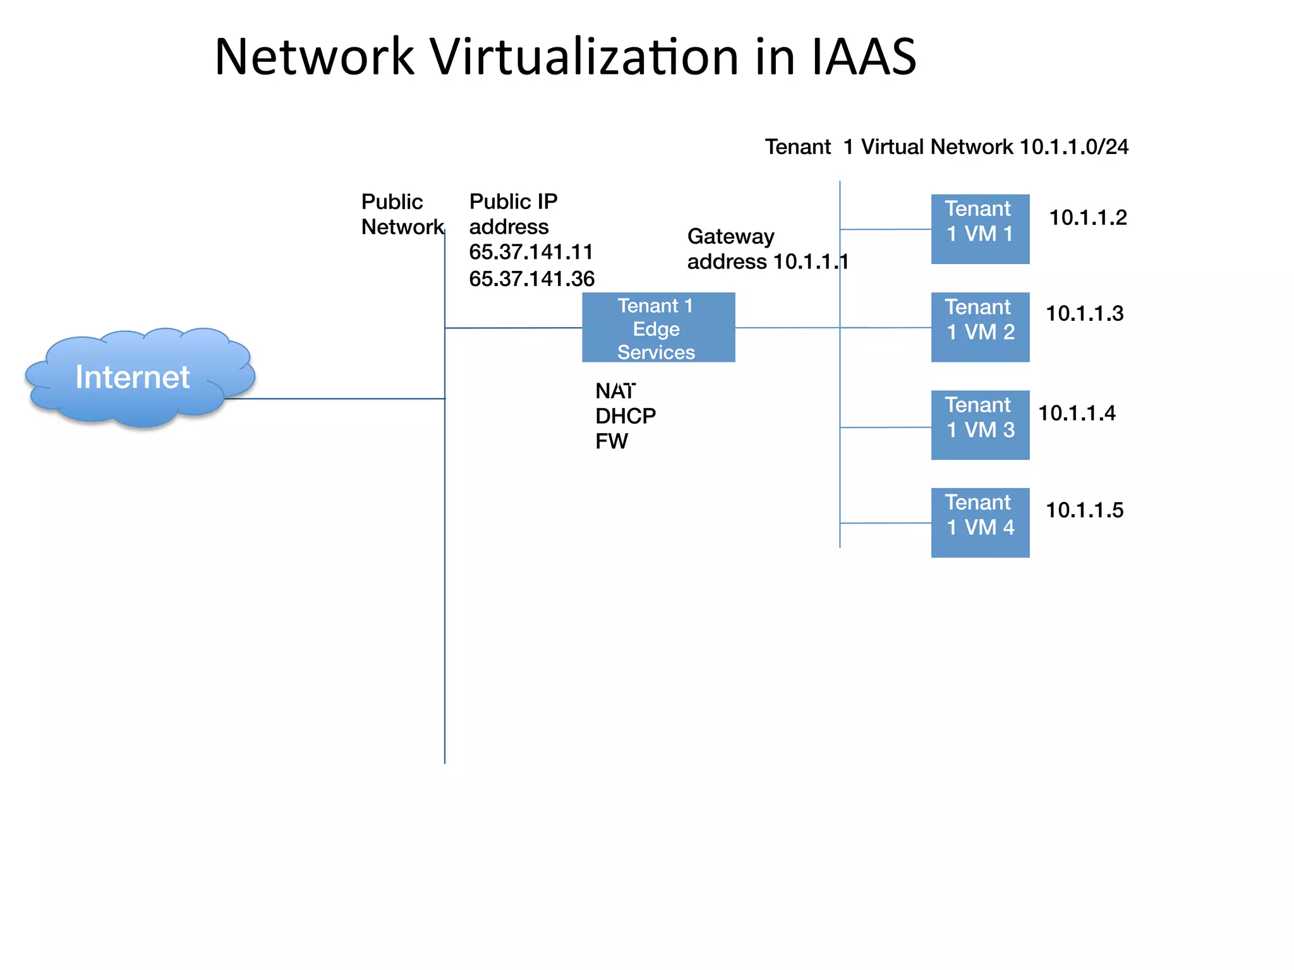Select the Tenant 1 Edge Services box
(658, 327)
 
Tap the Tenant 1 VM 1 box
(979, 229)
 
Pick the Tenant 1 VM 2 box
(979, 326)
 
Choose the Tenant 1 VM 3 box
(979, 424)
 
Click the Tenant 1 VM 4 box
(979, 522)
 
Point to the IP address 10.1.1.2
(1087, 218)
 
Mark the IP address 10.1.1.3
(1084, 314)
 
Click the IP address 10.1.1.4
(1077, 414)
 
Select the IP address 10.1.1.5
(1084, 510)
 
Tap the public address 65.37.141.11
(531, 252)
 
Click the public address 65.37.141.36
(531, 278)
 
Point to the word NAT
(615, 392)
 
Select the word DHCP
(625, 416)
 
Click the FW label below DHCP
(611, 441)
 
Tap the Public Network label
(401, 214)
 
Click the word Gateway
(730, 236)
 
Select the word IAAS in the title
(863, 57)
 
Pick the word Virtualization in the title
(584, 57)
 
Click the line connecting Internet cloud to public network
(335, 398)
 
